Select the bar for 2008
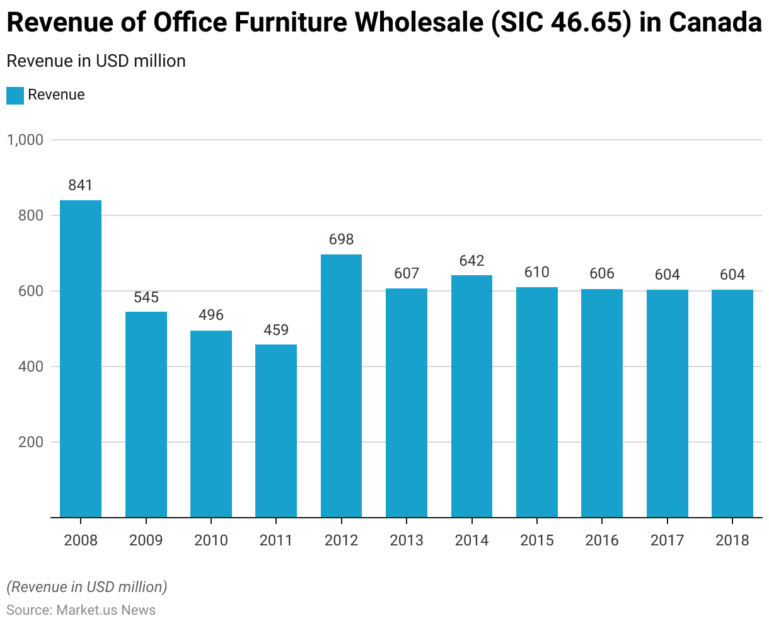[x=81, y=359]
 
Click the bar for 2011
[x=276, y=431]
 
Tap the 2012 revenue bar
[x=341, y=386]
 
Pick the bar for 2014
[x=471, y=396]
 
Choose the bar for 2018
[x=732, y=404]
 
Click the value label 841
[x=81, y=185]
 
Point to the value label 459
[x=276, y=329]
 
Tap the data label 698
[x=341, y=239]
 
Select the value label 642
[x=471, y=261]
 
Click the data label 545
[x=146, y=297]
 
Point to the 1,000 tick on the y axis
[x=25, y=140]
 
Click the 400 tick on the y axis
[x=31, y=367]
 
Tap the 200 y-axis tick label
[x=31, y=442]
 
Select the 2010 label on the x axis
[x=211, y=540]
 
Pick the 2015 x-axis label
[x=537, y=540]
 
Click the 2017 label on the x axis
[x=667, y=540]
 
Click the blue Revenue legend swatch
[x=15, y=95]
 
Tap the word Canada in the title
[x=715, y=23]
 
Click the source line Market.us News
[x=81, y=610]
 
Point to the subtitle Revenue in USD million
[x=96, y=61]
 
